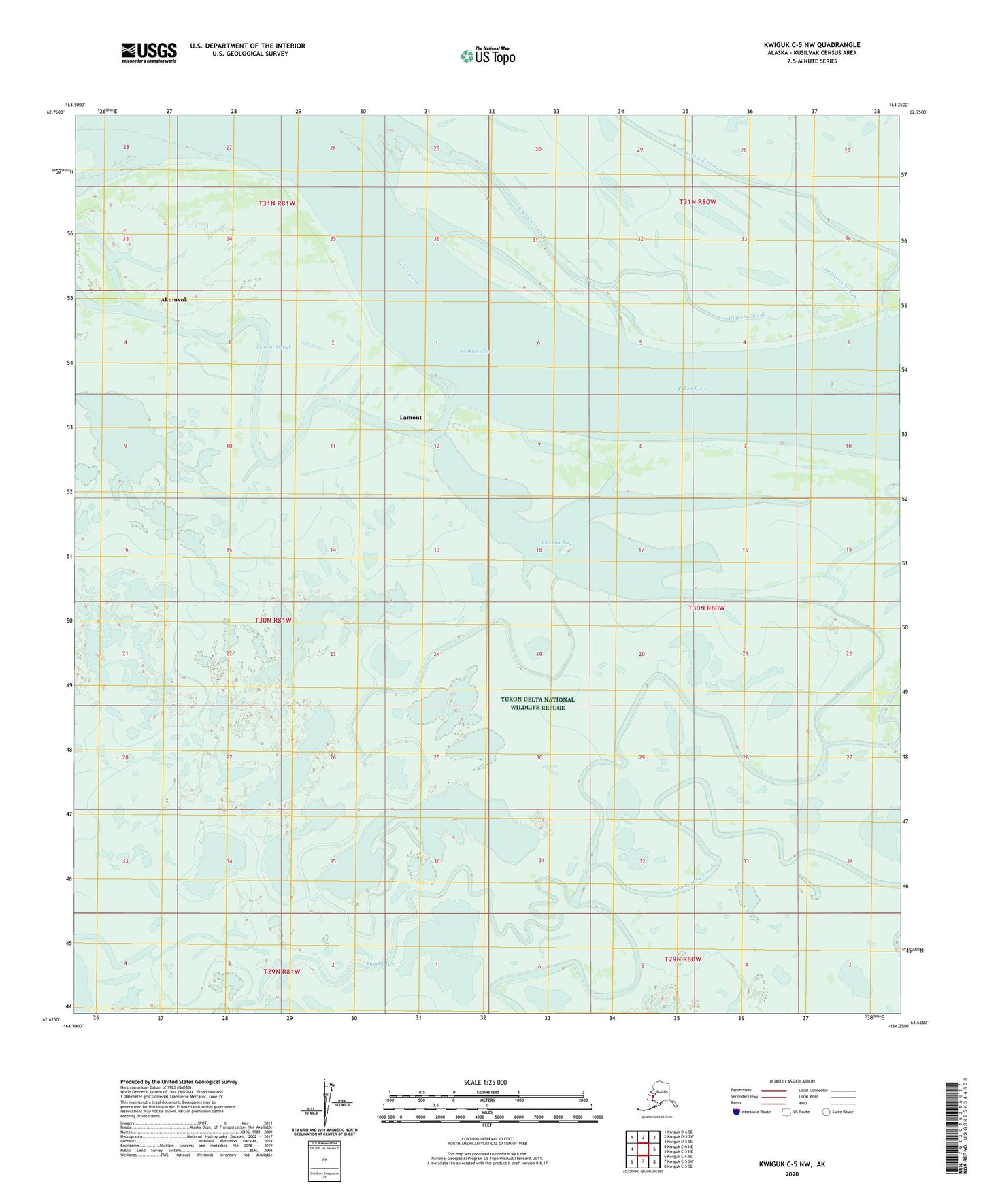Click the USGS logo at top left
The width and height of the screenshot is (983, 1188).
pos(148,52)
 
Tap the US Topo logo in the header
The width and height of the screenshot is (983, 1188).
pos(488,55)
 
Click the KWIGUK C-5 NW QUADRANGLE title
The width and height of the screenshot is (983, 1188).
pos(811,45)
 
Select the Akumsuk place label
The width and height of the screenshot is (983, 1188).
pos(173,299)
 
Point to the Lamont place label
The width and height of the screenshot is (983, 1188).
pos(410,418)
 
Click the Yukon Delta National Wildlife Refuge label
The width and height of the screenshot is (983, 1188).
pos(537,703)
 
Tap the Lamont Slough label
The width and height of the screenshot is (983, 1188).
pos(273,347)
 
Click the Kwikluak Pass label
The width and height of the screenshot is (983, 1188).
pos(476,352)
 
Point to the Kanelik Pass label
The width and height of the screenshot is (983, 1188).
pos(381,964)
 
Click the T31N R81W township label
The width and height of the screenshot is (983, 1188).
pos(277,203)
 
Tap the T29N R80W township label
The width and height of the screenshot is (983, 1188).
pos(682,959)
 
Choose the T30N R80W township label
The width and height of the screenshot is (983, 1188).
pos(706,608)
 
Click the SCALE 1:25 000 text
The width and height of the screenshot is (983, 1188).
pos(486,1082)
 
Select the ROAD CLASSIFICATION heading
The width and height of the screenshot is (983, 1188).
pos(792,1081)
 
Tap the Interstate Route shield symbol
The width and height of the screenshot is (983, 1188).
pos(736,1112)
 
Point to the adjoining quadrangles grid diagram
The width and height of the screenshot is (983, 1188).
pos(643,1149)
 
